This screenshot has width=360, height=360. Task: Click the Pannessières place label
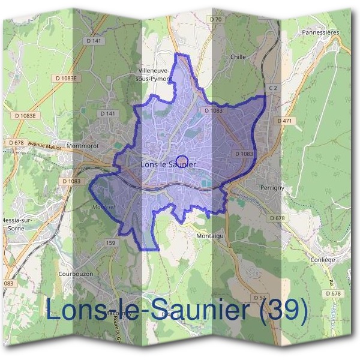tap(321, 32)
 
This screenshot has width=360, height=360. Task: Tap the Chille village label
tap(238, 57)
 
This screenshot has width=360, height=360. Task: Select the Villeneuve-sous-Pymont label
tap(155, 74)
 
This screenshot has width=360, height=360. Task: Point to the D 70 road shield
tap(216, 20)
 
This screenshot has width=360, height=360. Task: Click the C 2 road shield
tap(274, 88)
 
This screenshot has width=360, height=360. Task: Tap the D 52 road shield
tap(259, 297)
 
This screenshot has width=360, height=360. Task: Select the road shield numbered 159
tap(110, 242)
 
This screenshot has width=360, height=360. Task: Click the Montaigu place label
tap(210, 236)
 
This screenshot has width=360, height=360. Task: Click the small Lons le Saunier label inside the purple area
tap(168, 164)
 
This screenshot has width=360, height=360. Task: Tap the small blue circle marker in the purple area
tap(184, 161)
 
